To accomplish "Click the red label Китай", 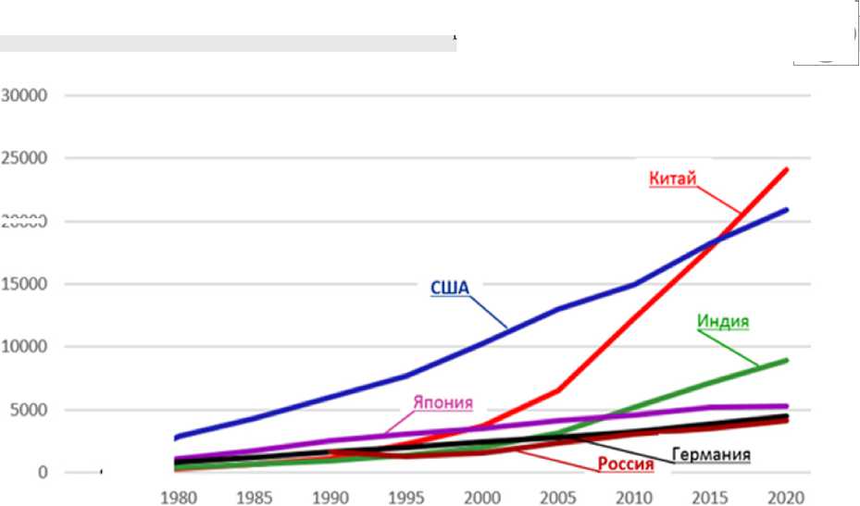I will [x=672, y=179].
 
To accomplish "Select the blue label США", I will [x=450, y=287].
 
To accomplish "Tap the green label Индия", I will [x=722, y=322].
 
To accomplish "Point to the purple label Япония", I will [x=442, y=402].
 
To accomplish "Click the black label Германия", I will [x=710, y=454].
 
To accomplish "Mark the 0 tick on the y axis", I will [x=44, y=473].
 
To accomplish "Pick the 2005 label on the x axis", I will [x=555, y=496].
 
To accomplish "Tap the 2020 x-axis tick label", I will [x=785, y=496].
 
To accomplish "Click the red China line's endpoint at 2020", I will [x=787, y=169].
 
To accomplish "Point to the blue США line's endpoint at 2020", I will [x=787, y=210].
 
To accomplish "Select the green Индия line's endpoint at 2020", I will [x=787, y=360].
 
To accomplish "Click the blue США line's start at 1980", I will [x=176, y=437].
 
